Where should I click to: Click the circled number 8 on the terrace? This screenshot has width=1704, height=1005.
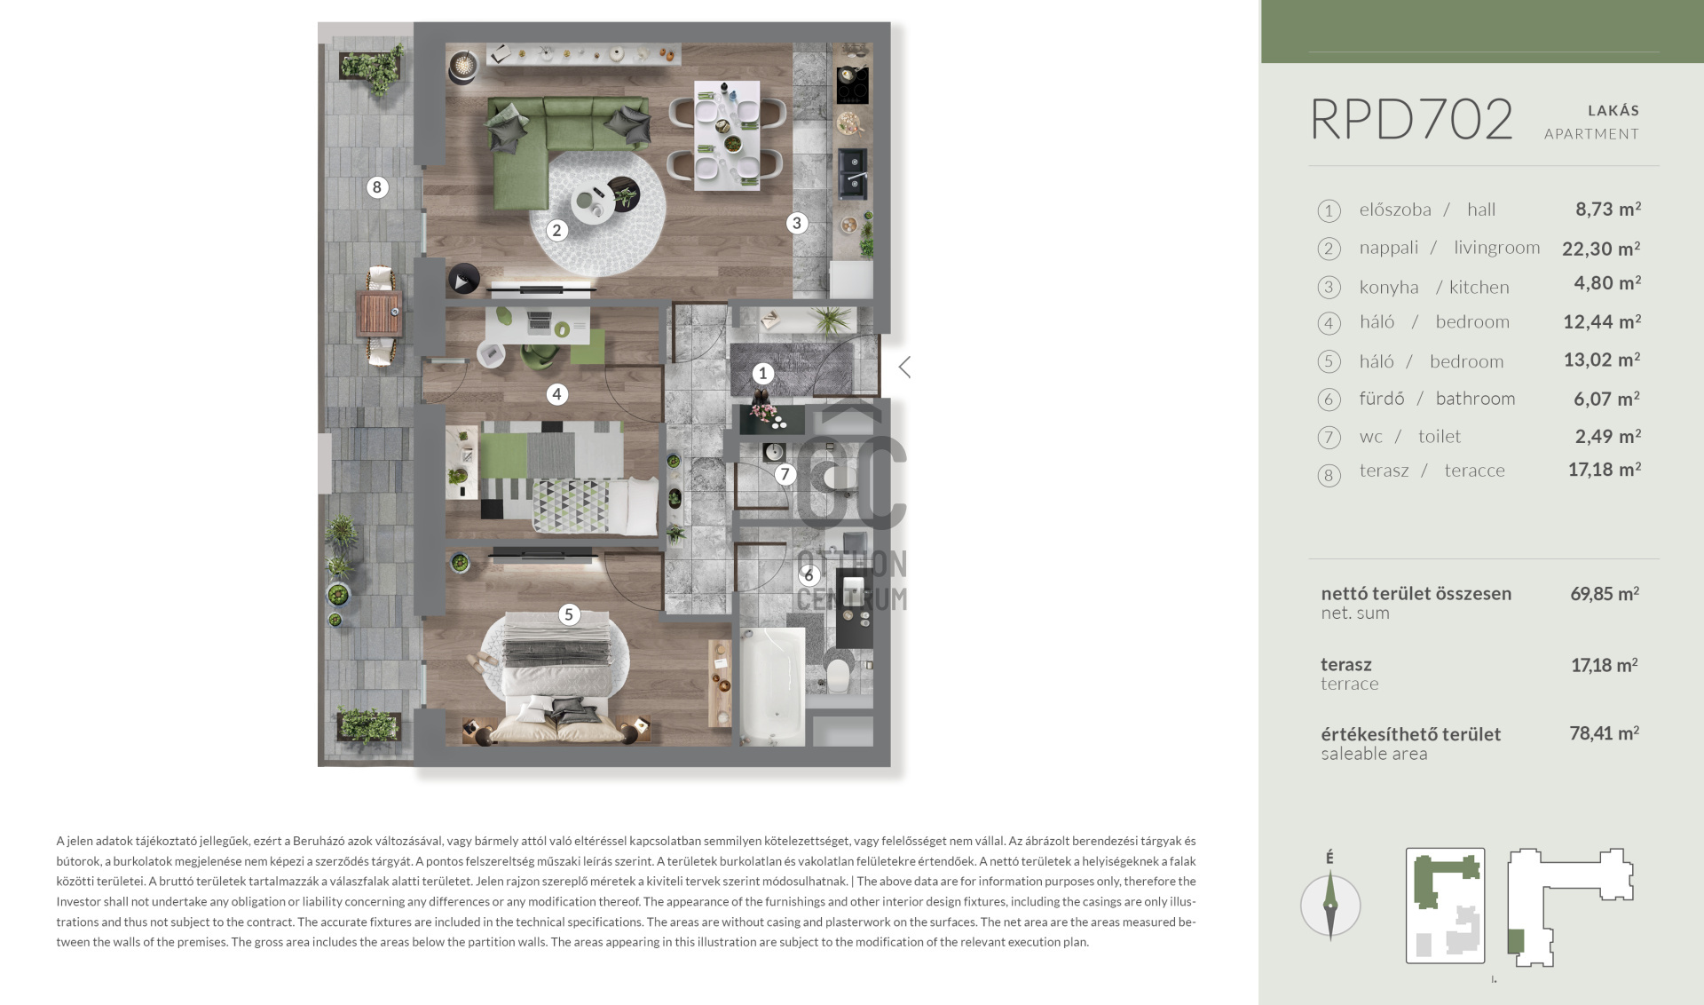377,187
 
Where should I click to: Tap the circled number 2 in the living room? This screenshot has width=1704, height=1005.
556,231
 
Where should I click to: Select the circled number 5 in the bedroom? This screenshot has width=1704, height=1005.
569,614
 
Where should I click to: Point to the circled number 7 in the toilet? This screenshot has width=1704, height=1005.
785,474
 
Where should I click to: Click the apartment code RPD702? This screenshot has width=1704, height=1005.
1411,119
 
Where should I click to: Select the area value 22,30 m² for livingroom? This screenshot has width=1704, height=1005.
1601,249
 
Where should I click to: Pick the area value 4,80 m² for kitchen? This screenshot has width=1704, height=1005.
1607,283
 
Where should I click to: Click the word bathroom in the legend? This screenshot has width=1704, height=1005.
1475,399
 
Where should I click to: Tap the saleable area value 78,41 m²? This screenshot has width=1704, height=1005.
1604,733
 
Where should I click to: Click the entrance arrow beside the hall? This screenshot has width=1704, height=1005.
904,368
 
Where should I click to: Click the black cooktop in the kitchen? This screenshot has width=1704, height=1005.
852,85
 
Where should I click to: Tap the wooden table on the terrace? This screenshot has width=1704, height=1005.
379,314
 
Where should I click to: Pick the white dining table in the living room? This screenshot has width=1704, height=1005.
727,135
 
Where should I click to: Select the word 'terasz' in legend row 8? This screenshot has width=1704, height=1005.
1384,471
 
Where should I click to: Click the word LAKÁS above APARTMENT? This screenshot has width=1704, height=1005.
1613,111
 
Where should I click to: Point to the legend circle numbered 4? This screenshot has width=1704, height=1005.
1329,323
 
